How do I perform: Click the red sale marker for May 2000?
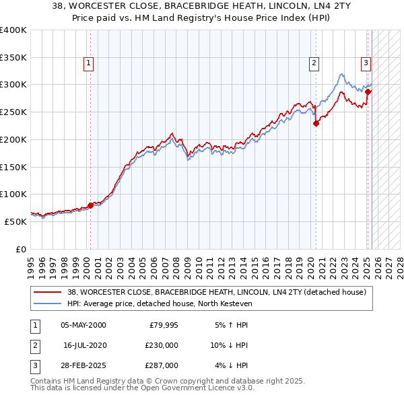click(x=90, y=205)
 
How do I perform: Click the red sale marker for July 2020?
click(x=316, y=123)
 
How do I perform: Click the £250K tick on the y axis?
click(x=13, y=112)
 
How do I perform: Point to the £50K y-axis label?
click(x=15, y=221)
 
